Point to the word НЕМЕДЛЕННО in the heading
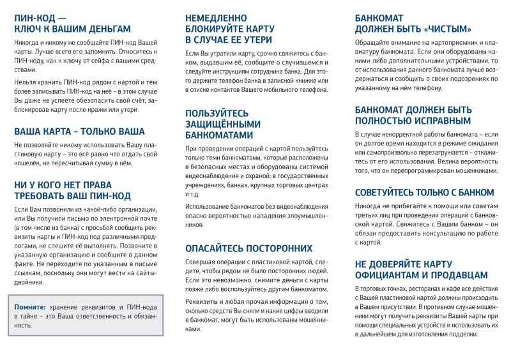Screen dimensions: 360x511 pyautogui.click(x=217, y=18)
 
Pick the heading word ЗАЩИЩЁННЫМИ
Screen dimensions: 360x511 pyautogui.click(x=223, y=124)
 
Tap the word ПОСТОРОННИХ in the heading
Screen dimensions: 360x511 pyautogui.click(x=275, y=248)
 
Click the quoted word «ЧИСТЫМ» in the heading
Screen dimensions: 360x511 pyautogui.click(x=446, y=29)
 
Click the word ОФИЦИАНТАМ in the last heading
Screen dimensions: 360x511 pyautogui.click(x=391, y=275)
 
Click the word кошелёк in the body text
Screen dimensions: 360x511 pyautogui.click(x=28, y=163)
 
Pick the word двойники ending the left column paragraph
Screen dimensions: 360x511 pyautogui.click(x=29, y=281)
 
